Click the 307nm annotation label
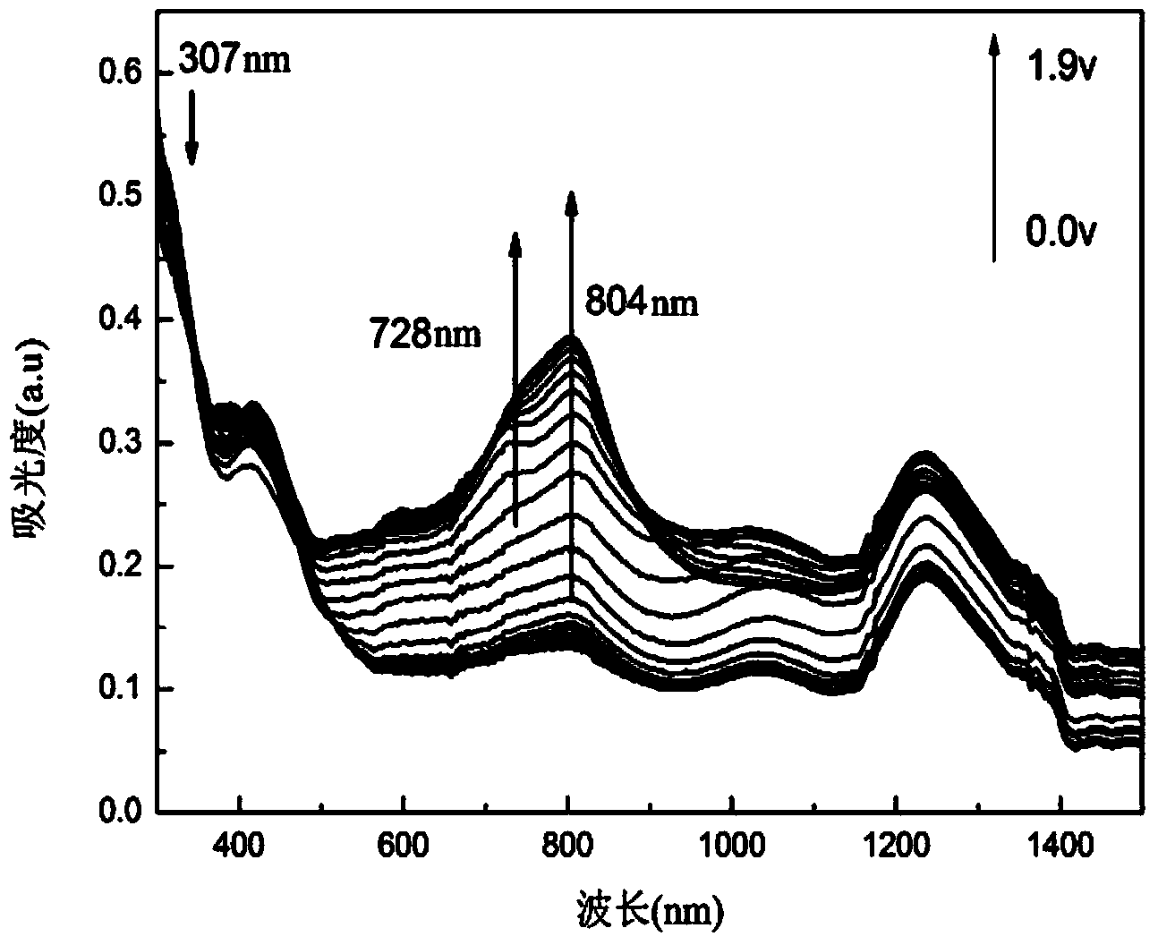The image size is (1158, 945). click(234, 61)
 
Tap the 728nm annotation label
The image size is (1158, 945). click(425, 335)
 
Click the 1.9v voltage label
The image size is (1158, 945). click(1061, 69)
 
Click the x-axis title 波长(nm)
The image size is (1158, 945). click(650, 914)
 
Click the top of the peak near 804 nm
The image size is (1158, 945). click(570, 337)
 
